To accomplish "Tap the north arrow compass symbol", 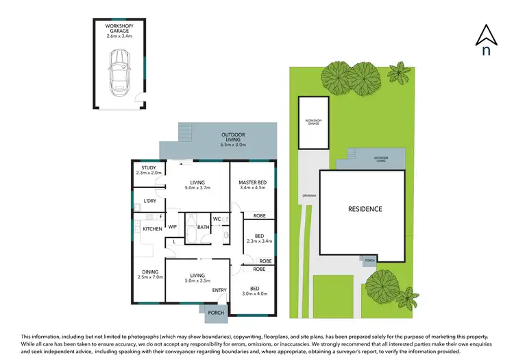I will point(486,40).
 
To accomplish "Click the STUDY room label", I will point(148,168).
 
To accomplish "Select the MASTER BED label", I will point(252,182).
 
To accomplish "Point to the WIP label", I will point(173,227).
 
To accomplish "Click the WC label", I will point(216,219).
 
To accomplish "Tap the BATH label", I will point(203,227).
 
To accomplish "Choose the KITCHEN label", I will point(151,228).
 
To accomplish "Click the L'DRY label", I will point(149,201).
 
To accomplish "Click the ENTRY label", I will point(219,290).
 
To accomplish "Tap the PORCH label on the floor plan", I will point(216,313).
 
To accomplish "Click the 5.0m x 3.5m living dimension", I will point(199,281).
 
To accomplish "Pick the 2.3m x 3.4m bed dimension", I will point(259,241).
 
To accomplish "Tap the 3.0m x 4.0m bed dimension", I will point(254,294).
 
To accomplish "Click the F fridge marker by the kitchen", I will point(160,217).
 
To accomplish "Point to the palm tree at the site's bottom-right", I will point(407,298).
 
